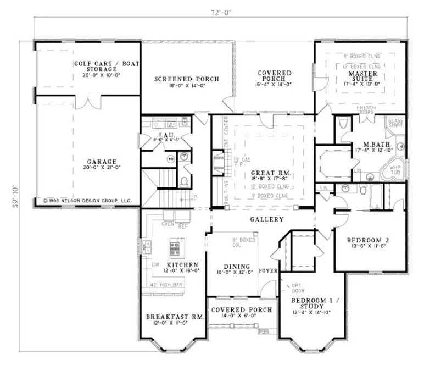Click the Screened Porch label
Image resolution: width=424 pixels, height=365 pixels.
[187, 79]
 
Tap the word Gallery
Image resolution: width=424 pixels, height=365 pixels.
[266, 220]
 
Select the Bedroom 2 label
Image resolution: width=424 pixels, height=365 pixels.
[367, 241]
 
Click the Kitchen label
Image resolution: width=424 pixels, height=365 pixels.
[169, 266]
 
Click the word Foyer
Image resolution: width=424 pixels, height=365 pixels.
[269, 271]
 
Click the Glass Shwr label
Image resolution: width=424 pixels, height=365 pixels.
[395, 123]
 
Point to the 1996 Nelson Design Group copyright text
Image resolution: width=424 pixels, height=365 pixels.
[87, 201]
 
